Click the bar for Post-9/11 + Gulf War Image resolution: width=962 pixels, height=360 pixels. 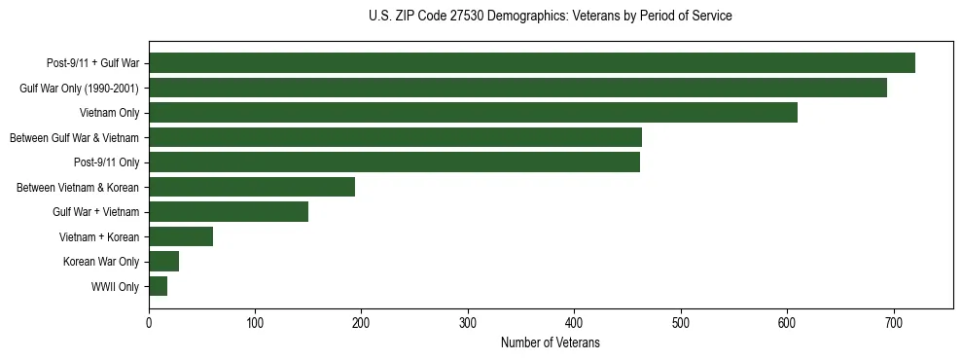[531, 63]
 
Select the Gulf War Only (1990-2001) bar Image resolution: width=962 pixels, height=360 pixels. [517, 88]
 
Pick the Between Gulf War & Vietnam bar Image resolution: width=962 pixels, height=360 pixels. [395, 137]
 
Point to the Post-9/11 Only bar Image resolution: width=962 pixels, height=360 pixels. [394, 162]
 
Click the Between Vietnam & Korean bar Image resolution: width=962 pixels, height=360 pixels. [252, 187]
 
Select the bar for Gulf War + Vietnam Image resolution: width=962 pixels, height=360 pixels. [229, 212]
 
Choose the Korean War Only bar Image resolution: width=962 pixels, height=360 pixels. [163, 262]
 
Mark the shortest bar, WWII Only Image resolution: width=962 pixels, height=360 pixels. [158, 286]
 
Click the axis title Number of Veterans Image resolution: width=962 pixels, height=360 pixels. [550, 342]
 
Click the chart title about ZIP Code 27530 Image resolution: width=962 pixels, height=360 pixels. [550, 17]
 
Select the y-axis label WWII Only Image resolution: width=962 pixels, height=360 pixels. [115, 287]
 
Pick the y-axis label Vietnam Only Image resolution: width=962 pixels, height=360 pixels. [109, 113]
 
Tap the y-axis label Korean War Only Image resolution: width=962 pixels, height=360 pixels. [101, 262]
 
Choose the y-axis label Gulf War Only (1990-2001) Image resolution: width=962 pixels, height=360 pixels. [79, 89]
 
